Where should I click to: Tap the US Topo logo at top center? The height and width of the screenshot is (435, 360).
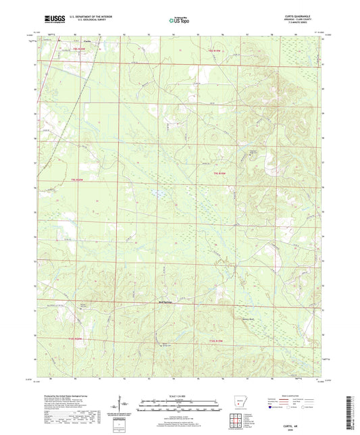coord(179,21)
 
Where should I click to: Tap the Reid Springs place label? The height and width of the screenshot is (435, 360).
coord(166,302)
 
